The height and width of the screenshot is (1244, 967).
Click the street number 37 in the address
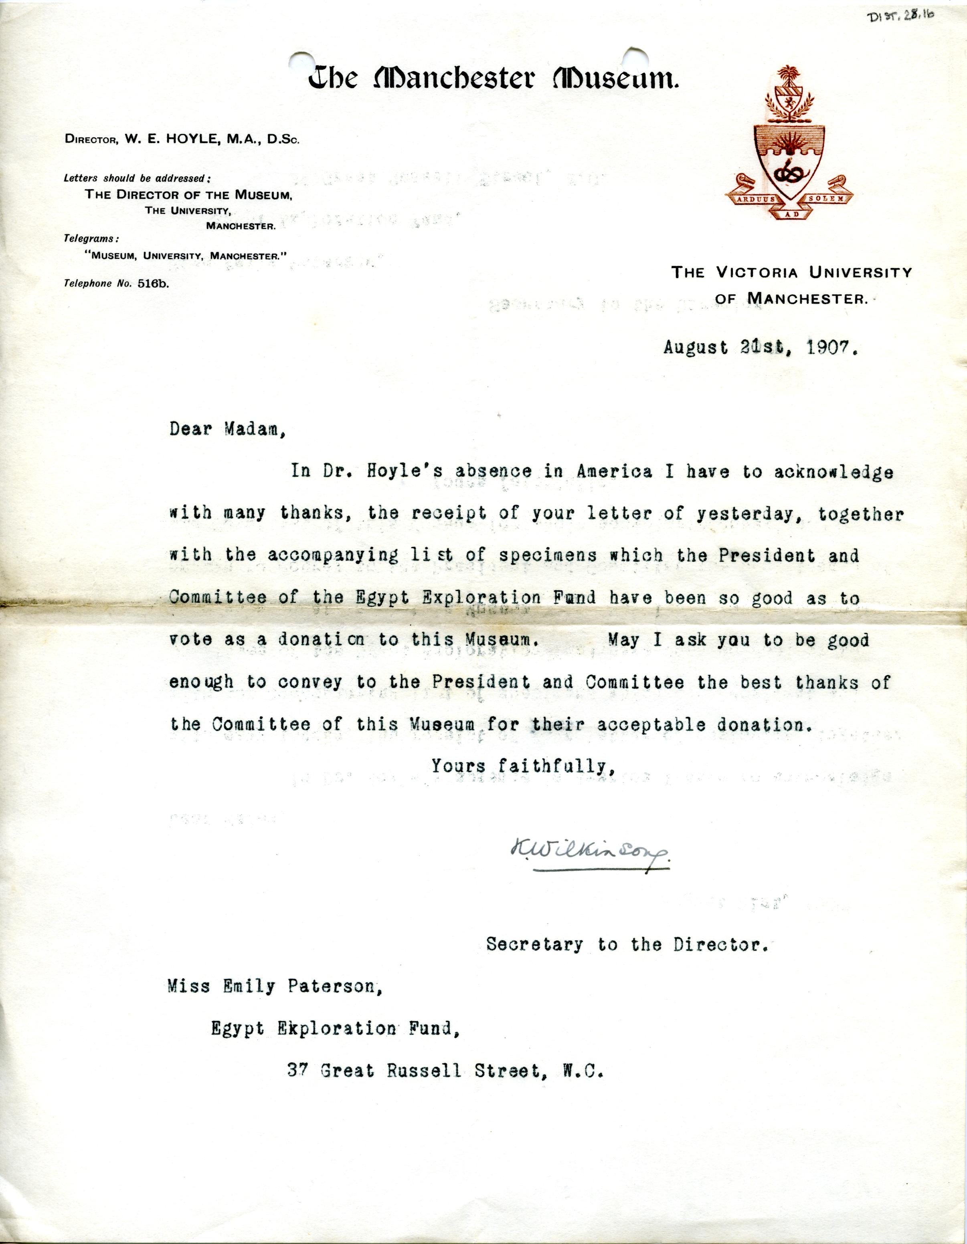coord(297,1071)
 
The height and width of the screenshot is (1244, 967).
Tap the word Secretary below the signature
coord(534,945)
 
